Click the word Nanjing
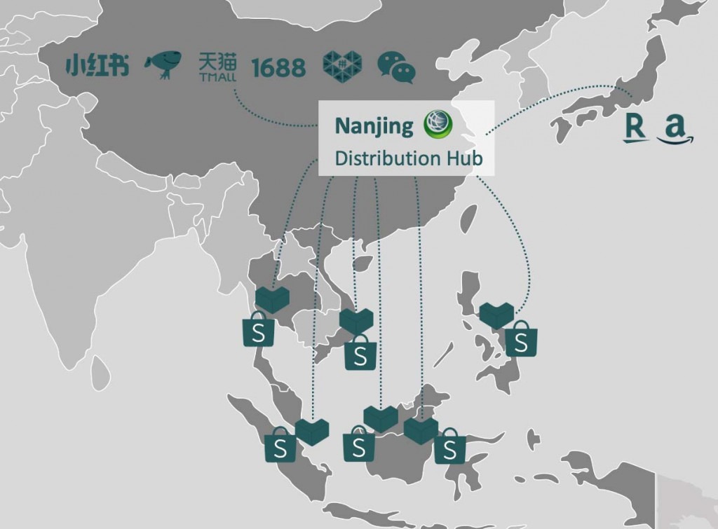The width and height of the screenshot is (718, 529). point(374,126)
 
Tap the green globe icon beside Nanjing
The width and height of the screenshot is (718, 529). point(438,125)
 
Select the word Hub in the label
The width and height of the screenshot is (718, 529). point(466,158)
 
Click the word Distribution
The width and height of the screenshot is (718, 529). point(388,158)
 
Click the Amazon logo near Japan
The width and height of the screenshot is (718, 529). point(674,130)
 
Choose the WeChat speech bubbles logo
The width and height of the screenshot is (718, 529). point(396,67)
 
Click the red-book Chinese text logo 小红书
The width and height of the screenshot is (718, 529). point(97,66)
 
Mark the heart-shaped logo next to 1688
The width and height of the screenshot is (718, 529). point(343,65)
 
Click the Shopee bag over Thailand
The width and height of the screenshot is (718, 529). point(258,330)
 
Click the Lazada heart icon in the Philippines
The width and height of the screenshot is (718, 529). point(496,315)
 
